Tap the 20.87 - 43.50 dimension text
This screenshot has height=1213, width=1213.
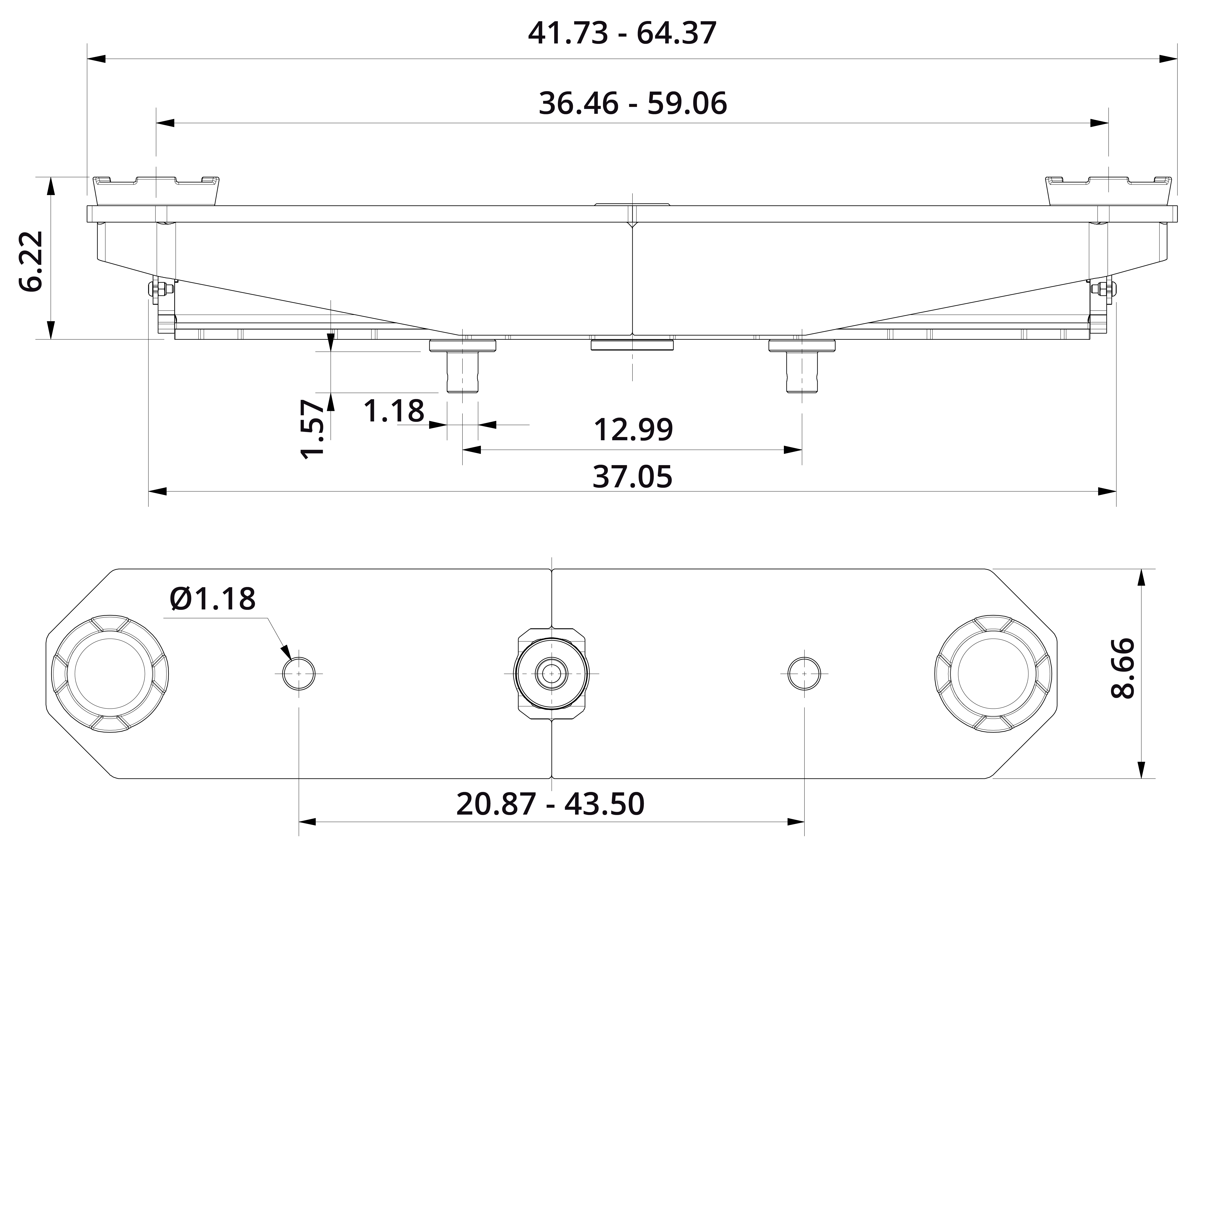tap(550, 804)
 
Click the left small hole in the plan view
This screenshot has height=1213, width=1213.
tap(299, 674)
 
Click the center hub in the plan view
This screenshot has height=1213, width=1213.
tap(551, 674)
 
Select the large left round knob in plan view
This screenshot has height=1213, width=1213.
tap(110, 674)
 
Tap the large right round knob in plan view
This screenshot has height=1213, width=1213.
tap(993, 674)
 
